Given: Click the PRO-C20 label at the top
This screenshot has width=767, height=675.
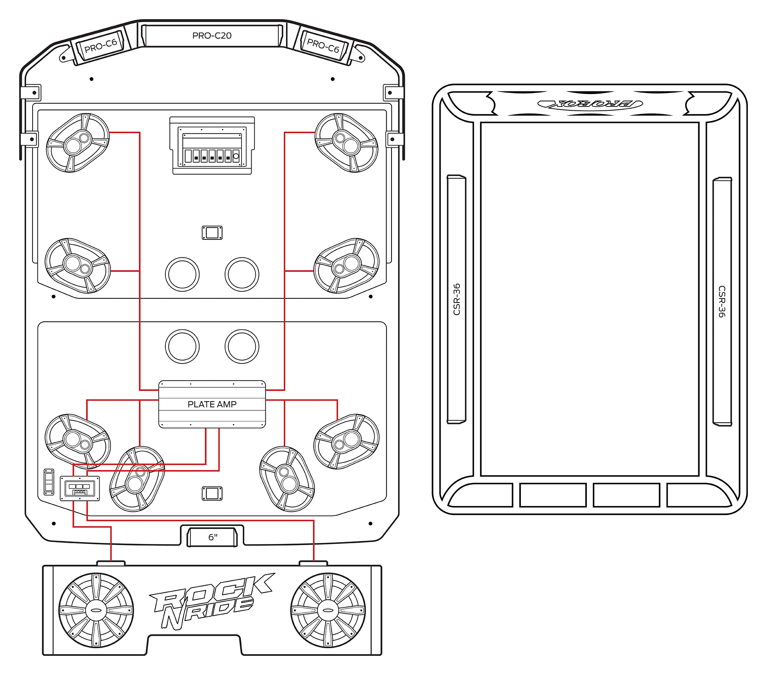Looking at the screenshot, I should (x=212, y=36).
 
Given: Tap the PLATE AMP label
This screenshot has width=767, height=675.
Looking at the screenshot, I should (x=212, y=404).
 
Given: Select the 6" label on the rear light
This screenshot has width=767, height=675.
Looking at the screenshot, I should (x=213, y=537).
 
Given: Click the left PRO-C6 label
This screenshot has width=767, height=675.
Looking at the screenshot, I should (x=100, y=46).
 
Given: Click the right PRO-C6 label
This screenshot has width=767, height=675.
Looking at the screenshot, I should (x=323, y=46).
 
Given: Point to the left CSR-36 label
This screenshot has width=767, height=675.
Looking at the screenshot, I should (x=456, y=299).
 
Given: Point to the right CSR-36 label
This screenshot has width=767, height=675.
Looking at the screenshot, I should (x=722, y=301).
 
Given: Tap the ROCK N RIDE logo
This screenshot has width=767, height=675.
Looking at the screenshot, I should (x=211, y=601).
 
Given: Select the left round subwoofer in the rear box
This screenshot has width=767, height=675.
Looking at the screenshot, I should (x=96, y=610).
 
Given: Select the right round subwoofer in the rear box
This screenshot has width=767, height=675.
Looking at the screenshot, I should (x=328, y=610).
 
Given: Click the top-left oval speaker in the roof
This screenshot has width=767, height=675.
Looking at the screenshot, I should (x=78, y=143).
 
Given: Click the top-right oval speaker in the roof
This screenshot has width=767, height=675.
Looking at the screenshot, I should (x=346, y=143).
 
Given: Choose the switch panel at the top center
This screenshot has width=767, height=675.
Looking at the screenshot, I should (x=212, y=146).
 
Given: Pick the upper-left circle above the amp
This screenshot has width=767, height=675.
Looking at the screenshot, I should (x=182, y=274).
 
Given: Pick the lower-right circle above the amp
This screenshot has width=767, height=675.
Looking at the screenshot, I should (x=242, y=346).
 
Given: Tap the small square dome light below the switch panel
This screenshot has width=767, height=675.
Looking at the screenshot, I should (x=212, y=233).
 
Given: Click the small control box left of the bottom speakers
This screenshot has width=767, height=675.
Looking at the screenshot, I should (x=80, y=488).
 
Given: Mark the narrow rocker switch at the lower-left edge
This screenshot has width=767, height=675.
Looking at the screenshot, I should (x=49, y=482).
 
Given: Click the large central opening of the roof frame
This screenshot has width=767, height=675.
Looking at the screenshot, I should (x=590, y=299).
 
